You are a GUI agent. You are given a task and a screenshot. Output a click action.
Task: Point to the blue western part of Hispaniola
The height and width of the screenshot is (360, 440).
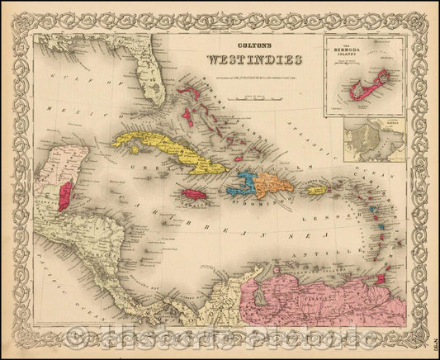(x=245, y=182)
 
